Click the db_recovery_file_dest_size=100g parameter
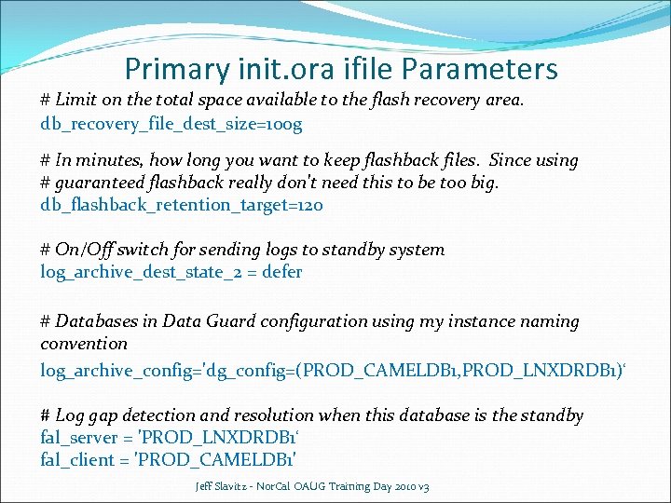tap(171, 123)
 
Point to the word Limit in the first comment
tap(76, 100)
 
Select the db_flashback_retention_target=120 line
tap(182, 205)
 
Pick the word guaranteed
tap(103, 183)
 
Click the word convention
tap(84, 344)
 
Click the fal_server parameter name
tap(75, 437)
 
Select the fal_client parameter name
tap(74, 459)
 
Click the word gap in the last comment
tap(109, 415)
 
